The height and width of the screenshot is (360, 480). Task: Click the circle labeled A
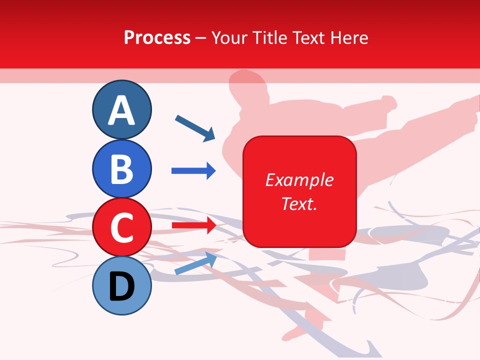(x=121, y=109)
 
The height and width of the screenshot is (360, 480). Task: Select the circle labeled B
(x=121, y=168)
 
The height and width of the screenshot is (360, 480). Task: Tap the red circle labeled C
(x=121, y=227)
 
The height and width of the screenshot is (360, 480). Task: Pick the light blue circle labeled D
(x=121, y=285)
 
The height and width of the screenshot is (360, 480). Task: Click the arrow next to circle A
(x=195, y=128)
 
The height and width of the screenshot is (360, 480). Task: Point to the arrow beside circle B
(x=193, y=171)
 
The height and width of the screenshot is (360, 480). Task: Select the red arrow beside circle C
(x=193, y=225)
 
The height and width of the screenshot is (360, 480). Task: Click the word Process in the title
(x=157, y=37)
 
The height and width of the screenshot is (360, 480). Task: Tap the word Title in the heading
(x=269, y=37)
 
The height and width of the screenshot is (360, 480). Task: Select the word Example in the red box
(x=299, y=180)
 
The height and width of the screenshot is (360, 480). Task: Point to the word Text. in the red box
(x=299, y=203)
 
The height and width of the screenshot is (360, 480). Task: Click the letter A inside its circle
(x=121, y=110)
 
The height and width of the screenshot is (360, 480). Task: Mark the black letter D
(x=121, y=286)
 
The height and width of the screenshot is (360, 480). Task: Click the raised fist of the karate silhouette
(x=387, y=103)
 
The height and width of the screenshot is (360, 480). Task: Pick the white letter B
(x=121, y=169)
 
